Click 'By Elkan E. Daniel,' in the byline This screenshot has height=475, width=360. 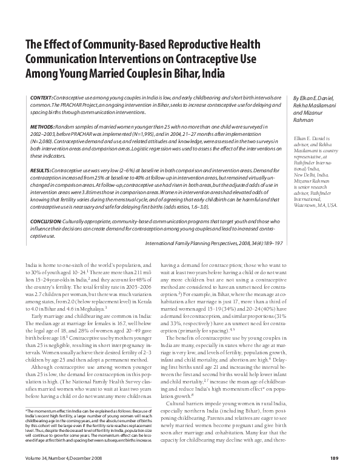click(313, 98)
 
